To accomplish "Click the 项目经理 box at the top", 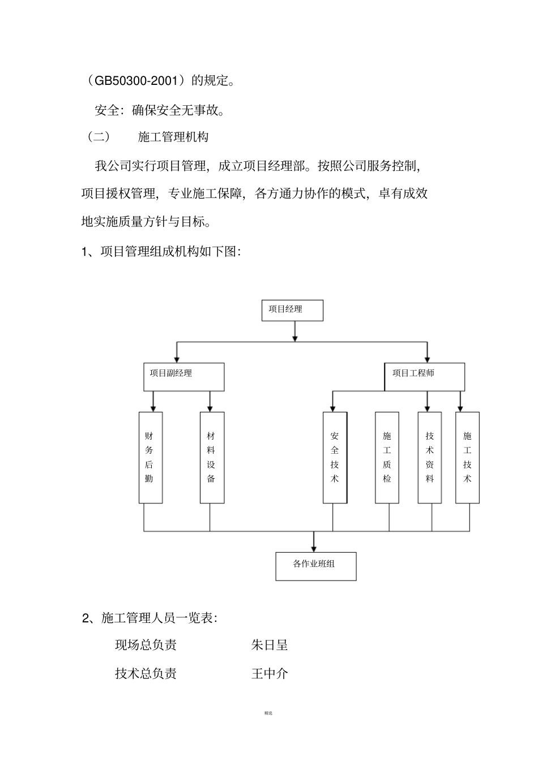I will tap(292, 310).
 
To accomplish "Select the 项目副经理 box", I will tap(183, 377).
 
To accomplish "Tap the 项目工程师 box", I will tap(425, 377).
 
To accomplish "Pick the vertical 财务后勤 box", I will tap(151, 457).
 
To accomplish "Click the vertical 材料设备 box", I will tap(212, 457).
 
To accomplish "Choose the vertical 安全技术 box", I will tap(335, 457).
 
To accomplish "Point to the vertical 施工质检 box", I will tap(387, 457).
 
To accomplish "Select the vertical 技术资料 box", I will tap(430, 457).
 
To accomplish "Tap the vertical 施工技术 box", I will tap(467, 457).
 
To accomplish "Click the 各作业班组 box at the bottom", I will tap(316, 566).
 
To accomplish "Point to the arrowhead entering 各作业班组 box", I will tap(314, 548).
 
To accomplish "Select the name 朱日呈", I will tap(270, 645).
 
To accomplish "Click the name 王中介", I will tap(270, 673).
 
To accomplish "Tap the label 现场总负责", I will tap(146, 645).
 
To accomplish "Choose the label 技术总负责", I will tap(146, 673).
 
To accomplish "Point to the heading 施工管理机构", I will tap(173, 137).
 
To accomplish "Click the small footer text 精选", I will tap(268, 713).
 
